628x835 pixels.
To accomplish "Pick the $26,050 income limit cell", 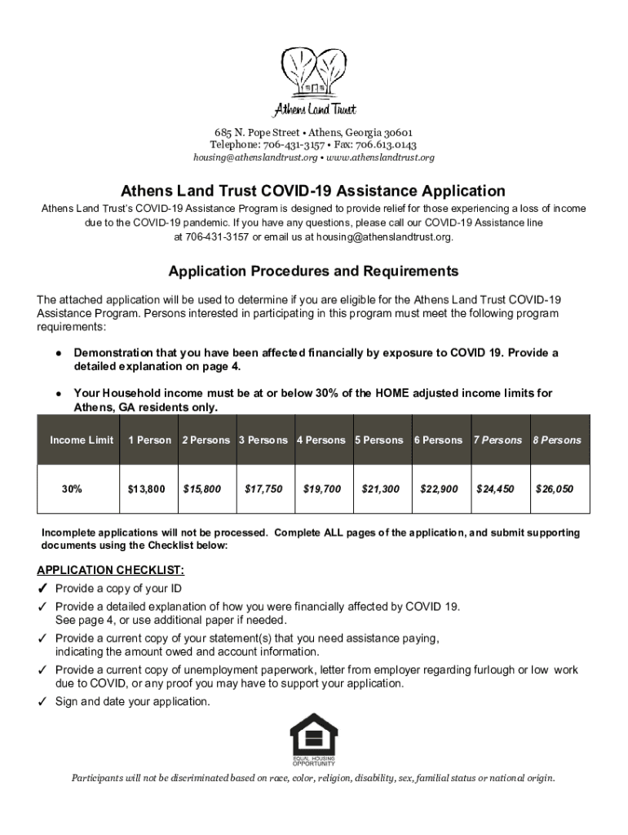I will click(x=559, y=489).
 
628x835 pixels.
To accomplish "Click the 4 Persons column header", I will click(x=321, y=440).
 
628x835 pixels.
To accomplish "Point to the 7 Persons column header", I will click(x=498, y=440).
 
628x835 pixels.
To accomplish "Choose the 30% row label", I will click(x=71, y=489).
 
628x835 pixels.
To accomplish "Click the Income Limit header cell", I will click(x=82, y=440).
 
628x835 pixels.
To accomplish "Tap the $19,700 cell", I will click(x=322, y=489).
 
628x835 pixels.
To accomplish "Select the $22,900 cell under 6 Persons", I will click(x=439, y=489).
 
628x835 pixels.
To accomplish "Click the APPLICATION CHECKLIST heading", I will click(x=110, y=569).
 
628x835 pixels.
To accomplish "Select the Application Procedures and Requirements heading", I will click(x=313, y=271).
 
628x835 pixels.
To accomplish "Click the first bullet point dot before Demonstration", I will click(x=59, y=354).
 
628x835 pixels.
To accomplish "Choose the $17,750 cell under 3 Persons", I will click(x=264, y=489).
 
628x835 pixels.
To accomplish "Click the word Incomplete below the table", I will click(x=72, y=532).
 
